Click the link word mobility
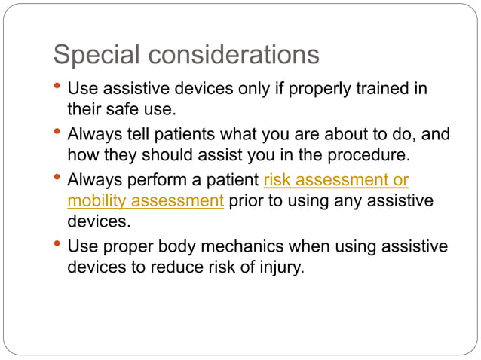[95, 201]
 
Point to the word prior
[244, 201]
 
